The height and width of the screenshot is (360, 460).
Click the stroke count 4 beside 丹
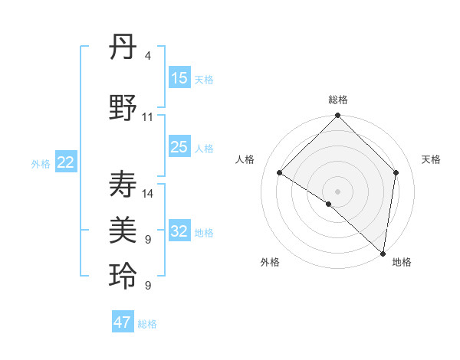pos(147,56)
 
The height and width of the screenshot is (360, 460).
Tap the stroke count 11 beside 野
pos(147,117)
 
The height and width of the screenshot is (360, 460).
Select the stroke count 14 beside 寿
pos(147,194)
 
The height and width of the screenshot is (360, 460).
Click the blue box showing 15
pos(179,78)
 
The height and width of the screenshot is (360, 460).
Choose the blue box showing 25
pos(179,147)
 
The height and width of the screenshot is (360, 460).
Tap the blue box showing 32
pos(179,231)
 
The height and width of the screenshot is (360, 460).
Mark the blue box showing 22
pos(66,162)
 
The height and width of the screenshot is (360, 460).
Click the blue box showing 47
pos(123,322)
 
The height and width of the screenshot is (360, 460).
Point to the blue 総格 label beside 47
pos(148,324)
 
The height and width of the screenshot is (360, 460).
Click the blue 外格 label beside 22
pos(41,163)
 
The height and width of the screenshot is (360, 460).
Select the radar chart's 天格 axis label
pos(431,159)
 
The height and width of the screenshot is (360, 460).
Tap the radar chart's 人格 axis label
pos(245,159)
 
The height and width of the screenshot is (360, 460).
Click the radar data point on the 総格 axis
pos(337,116)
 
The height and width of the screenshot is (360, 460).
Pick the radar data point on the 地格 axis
pos(383,253)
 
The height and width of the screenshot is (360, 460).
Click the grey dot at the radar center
pos(337,191)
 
